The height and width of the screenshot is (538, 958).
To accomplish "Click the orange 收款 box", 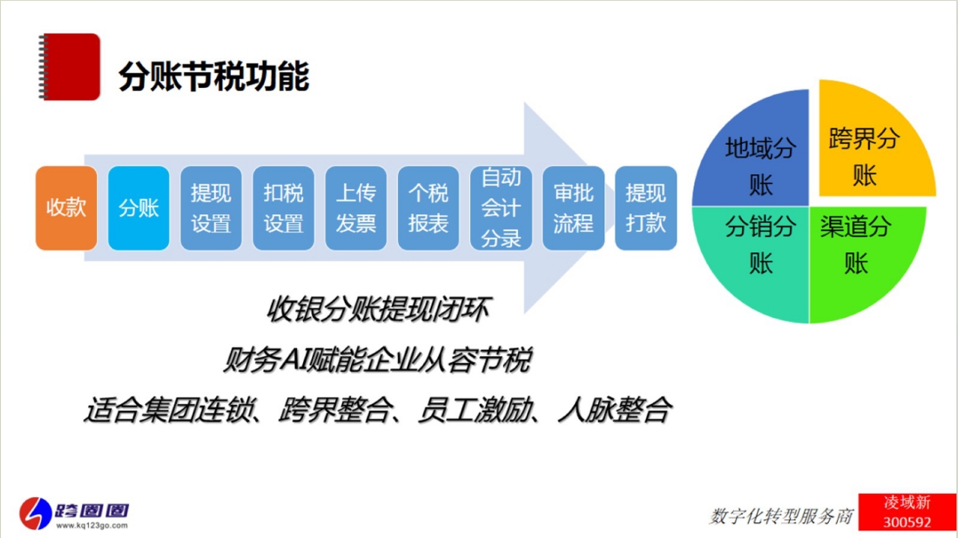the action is tap(66, 208).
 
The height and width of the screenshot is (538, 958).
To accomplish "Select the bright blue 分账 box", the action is tap(138, 208).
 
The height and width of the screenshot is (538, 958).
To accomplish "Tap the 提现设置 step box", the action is tap(211, 208).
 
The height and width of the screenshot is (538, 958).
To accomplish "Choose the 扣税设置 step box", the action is tap(283, 208).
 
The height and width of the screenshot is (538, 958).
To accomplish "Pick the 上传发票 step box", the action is tap(356, 208).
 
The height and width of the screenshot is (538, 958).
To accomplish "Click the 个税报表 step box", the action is tap(428, 208).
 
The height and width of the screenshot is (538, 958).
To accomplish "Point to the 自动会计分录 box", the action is tap(501, 208).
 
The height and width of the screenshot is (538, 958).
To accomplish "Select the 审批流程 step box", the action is tap(574, 208).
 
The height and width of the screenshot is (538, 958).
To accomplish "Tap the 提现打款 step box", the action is tap(646, 208).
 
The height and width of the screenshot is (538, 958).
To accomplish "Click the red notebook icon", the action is tap(69, 67).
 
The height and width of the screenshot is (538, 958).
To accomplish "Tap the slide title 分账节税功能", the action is tap(213, 76).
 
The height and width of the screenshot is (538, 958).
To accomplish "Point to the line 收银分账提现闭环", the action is tap(378, 309).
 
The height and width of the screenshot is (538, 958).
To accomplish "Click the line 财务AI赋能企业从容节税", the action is tap(378, 360).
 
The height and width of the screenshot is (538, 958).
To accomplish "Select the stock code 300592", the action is tap(906, 522).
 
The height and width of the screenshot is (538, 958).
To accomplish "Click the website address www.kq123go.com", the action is tap(92, 525).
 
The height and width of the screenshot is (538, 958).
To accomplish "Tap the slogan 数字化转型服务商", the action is tap(781, 516).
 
